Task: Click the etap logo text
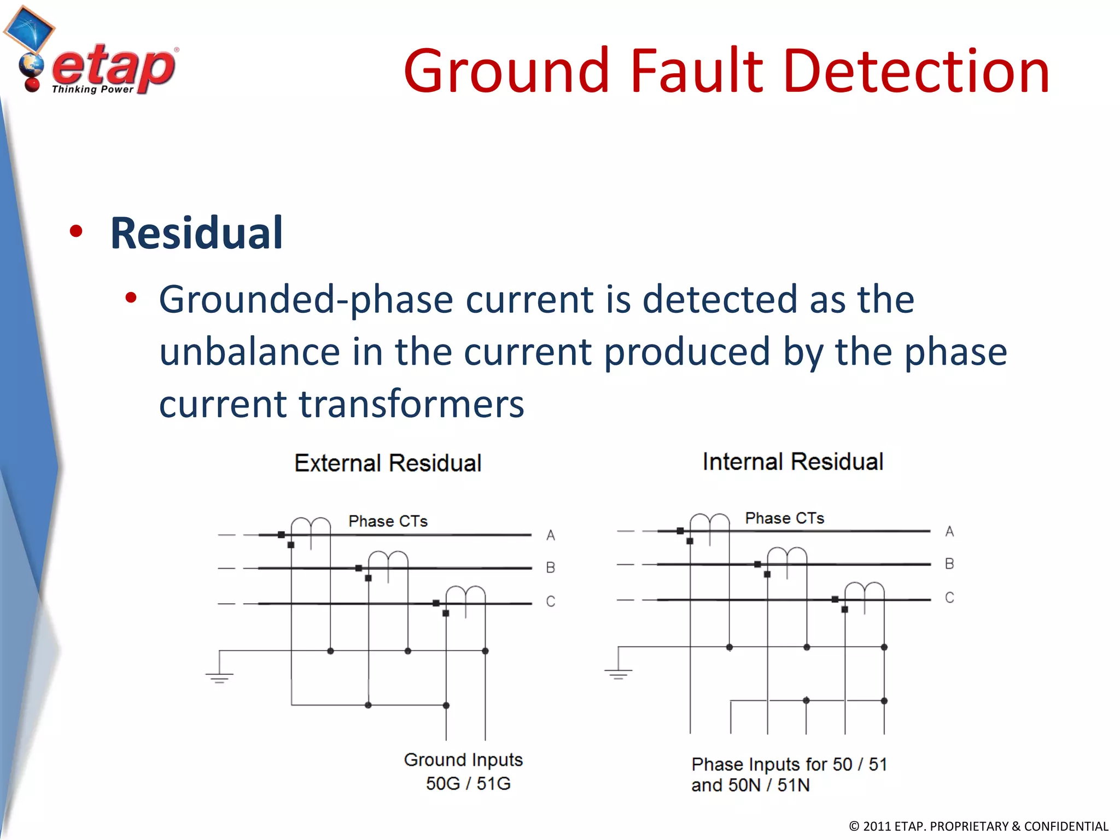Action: coord(114,68)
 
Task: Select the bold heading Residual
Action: coord(196,234)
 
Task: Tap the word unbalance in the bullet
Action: coord(249,352)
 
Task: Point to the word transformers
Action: coord(411,404)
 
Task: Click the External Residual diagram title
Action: coord(388,463)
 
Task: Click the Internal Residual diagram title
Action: coord(792,462)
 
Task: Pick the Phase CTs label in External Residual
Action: coord(388,521)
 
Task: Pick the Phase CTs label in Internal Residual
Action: coord(784,518)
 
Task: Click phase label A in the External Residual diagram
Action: coord(551,535)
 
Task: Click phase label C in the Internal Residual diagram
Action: coord(949,598)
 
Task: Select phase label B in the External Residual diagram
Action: coord(551,568)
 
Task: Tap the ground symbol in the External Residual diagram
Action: coord(219,677)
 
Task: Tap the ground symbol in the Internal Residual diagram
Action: coord(619,673)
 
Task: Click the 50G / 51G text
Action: coord(468,784)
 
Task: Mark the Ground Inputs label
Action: coord(463,760)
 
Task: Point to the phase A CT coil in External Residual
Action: coord(311,526)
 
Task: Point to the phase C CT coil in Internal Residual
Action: coord(864,592)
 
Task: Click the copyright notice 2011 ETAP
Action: coord(978,826)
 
